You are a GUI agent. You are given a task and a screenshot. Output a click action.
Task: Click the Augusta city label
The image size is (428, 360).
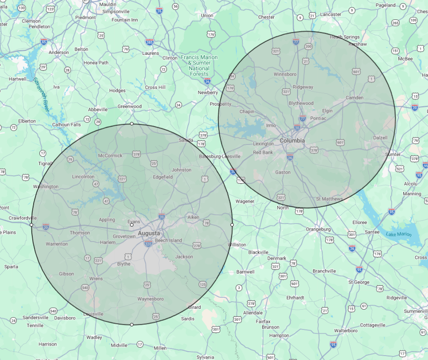[x=149, y=233]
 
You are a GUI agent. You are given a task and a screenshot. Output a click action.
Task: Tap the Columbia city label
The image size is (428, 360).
[x=292, y=140]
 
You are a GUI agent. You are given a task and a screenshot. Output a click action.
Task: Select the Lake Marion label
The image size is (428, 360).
[x=398, y=234]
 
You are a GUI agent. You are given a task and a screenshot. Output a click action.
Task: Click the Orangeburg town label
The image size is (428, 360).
[x=318, y=229]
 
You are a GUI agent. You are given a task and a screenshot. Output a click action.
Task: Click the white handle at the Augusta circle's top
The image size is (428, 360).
[x=132, y=124]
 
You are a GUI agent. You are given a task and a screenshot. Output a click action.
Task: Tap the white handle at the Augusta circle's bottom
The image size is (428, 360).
[x=132, y=325]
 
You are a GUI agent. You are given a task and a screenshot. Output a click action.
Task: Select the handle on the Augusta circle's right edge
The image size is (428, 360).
[x=232, y=225]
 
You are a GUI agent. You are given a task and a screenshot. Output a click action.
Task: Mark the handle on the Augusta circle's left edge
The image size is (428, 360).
[x=31, y=225]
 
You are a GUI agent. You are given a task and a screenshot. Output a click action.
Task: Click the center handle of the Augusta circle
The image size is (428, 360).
[x=132, y=225]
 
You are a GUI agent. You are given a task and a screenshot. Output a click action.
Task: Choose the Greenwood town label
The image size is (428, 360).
[x=130, y=106]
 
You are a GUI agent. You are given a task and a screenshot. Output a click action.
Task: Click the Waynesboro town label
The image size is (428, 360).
[x=150, y=299]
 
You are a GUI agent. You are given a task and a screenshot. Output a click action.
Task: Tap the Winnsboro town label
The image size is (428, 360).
[x=285, y=74]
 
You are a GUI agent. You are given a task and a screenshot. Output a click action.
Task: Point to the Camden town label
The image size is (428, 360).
[x=354, y=98]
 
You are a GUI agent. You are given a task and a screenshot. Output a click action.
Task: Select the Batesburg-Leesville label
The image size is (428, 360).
[x=220, y=156]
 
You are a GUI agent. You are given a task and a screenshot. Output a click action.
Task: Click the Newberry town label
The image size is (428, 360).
[x=207, y=92]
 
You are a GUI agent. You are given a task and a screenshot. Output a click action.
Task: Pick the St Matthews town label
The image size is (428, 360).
[x=329, y=199]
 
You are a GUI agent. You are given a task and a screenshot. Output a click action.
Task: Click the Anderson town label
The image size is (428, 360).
[x=59, y=53]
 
